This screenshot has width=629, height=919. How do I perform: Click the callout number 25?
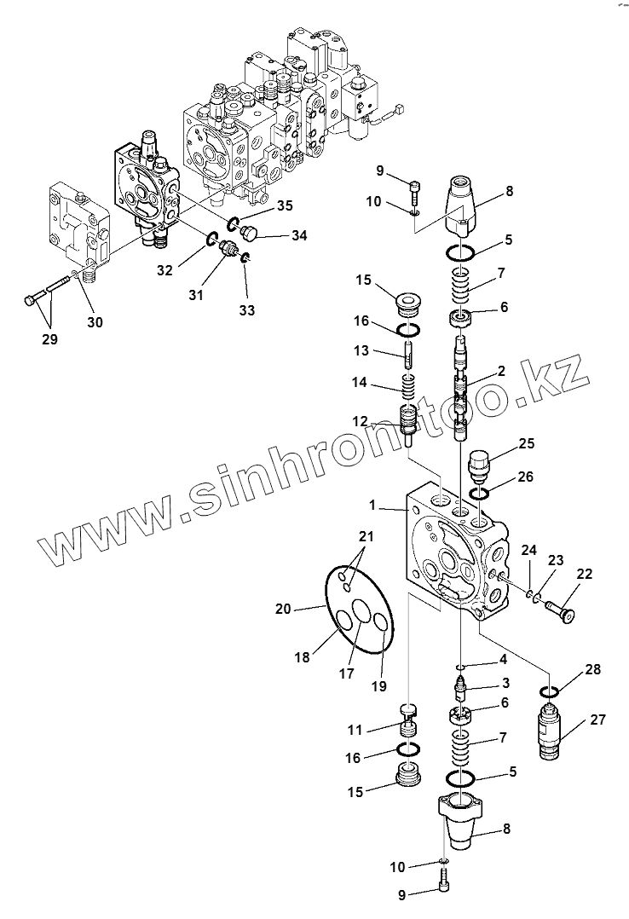(x=526, y=443)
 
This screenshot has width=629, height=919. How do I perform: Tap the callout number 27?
(x=597, y=720)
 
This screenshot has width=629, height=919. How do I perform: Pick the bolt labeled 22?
(x=559, y=610)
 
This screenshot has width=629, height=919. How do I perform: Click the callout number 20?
(x=283, y=609)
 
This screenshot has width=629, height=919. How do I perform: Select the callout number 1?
(x=372, y=505)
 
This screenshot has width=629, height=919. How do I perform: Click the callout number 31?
(x=197, y=294)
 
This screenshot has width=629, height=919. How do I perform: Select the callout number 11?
(x=355, y=730)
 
